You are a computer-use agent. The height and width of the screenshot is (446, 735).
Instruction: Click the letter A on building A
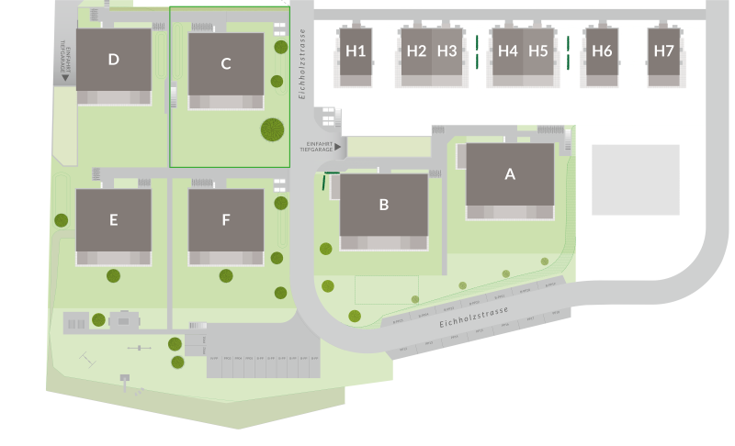(x=510, y=173)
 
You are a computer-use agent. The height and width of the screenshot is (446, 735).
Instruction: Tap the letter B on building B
(x=384, y=204)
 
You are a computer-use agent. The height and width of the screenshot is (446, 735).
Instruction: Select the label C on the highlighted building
(x=226, y=63)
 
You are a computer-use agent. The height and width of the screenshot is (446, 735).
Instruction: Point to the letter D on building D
(x=113, y=60)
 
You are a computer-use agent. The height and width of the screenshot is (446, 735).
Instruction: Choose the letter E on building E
(x=113, y=219)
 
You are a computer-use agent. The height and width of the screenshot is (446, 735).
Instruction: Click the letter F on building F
(x=226, y=219)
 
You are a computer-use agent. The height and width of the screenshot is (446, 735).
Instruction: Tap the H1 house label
(x=356, y=51)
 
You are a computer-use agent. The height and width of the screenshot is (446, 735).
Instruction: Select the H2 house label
(x=416, y=51)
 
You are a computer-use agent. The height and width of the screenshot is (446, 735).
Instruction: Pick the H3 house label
(x=447, y=51)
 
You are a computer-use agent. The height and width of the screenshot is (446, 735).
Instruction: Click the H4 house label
(x=507, y=51)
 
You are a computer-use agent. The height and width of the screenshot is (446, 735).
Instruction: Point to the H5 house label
(x=538, y=51)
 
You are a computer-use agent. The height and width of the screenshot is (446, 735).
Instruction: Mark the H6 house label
(x=602, y=51)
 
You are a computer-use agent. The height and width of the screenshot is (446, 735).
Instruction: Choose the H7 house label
(x=662, y=51)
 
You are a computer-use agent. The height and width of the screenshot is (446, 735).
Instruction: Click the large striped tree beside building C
(x=272, y=130)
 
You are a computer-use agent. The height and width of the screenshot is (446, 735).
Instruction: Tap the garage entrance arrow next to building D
(x=65, y=78)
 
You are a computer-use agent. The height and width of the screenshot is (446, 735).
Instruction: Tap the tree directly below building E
(x=113, y=275)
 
